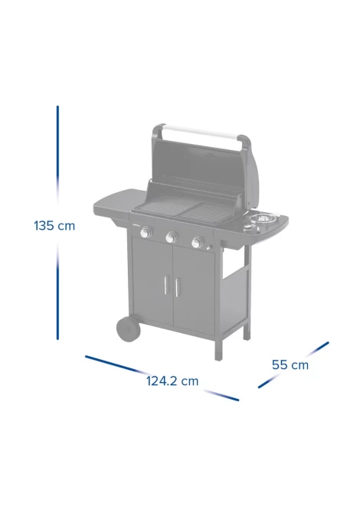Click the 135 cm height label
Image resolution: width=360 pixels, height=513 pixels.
(x=54, y=226)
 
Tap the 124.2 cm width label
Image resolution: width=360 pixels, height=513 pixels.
(x=172, y=381)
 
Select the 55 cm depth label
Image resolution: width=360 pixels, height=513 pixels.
(x=290, y=364)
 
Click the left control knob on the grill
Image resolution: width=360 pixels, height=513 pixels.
(x=146, y=233)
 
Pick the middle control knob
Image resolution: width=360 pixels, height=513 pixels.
(x=171, y=237)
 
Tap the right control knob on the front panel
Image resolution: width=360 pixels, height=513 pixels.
(x=197, y=242)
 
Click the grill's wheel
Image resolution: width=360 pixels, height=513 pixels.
(x=128, y=329)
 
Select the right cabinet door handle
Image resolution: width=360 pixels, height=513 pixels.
(x=176, y=288)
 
